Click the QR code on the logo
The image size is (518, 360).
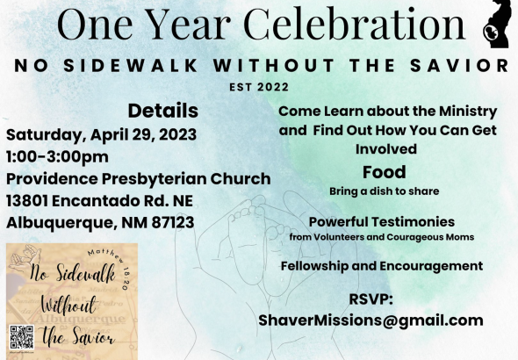pos(21,337)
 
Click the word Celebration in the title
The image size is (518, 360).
pos(354,24)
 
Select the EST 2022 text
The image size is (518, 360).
pos(259,87)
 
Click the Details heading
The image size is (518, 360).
pos(163,111)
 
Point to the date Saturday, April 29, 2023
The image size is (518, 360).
pos(102,134)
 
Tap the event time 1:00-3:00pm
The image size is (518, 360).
pos(57,156)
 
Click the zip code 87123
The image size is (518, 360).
pos(173,222)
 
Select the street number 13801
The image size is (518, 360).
pos(27,201)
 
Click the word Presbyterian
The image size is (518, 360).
pos(154,179)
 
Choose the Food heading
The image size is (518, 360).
pos(385,172)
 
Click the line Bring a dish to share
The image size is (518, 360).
pos(385,191)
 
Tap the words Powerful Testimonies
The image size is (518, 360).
pos(382,222)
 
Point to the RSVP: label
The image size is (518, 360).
pos(371,299)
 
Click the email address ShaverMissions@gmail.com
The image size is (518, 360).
pos(371,320)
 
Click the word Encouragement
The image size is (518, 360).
pos(431,266)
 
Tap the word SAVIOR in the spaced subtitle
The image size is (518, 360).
pos(459,65)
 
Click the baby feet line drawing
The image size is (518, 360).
pos(261,244)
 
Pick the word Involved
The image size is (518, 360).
pos(385,149)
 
